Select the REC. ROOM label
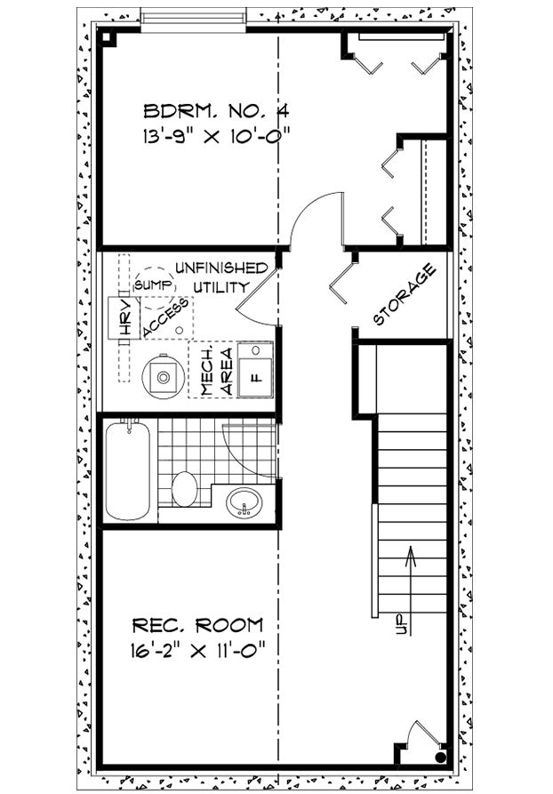[x=197, y=624]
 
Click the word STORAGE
[x=405, y=294]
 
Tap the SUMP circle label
[x=150, y=285]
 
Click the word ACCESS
[x=165, y=318]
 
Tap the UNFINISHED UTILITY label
[x=220, y=277]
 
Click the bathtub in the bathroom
[x=128, y=470]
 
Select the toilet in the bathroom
[x=184, y=488]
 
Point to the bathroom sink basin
[x=244, y=502]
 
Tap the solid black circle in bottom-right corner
[x=441, y=758]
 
